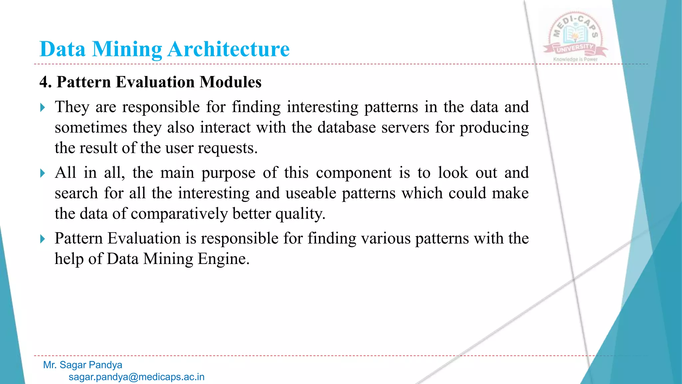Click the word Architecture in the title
228,49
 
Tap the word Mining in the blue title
127,49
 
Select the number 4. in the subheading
45,82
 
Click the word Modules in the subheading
230,82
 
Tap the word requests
228,148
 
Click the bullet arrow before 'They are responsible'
42,108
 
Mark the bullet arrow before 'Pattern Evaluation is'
42,239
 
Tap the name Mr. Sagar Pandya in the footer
83,365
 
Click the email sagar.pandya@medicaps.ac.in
137,377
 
